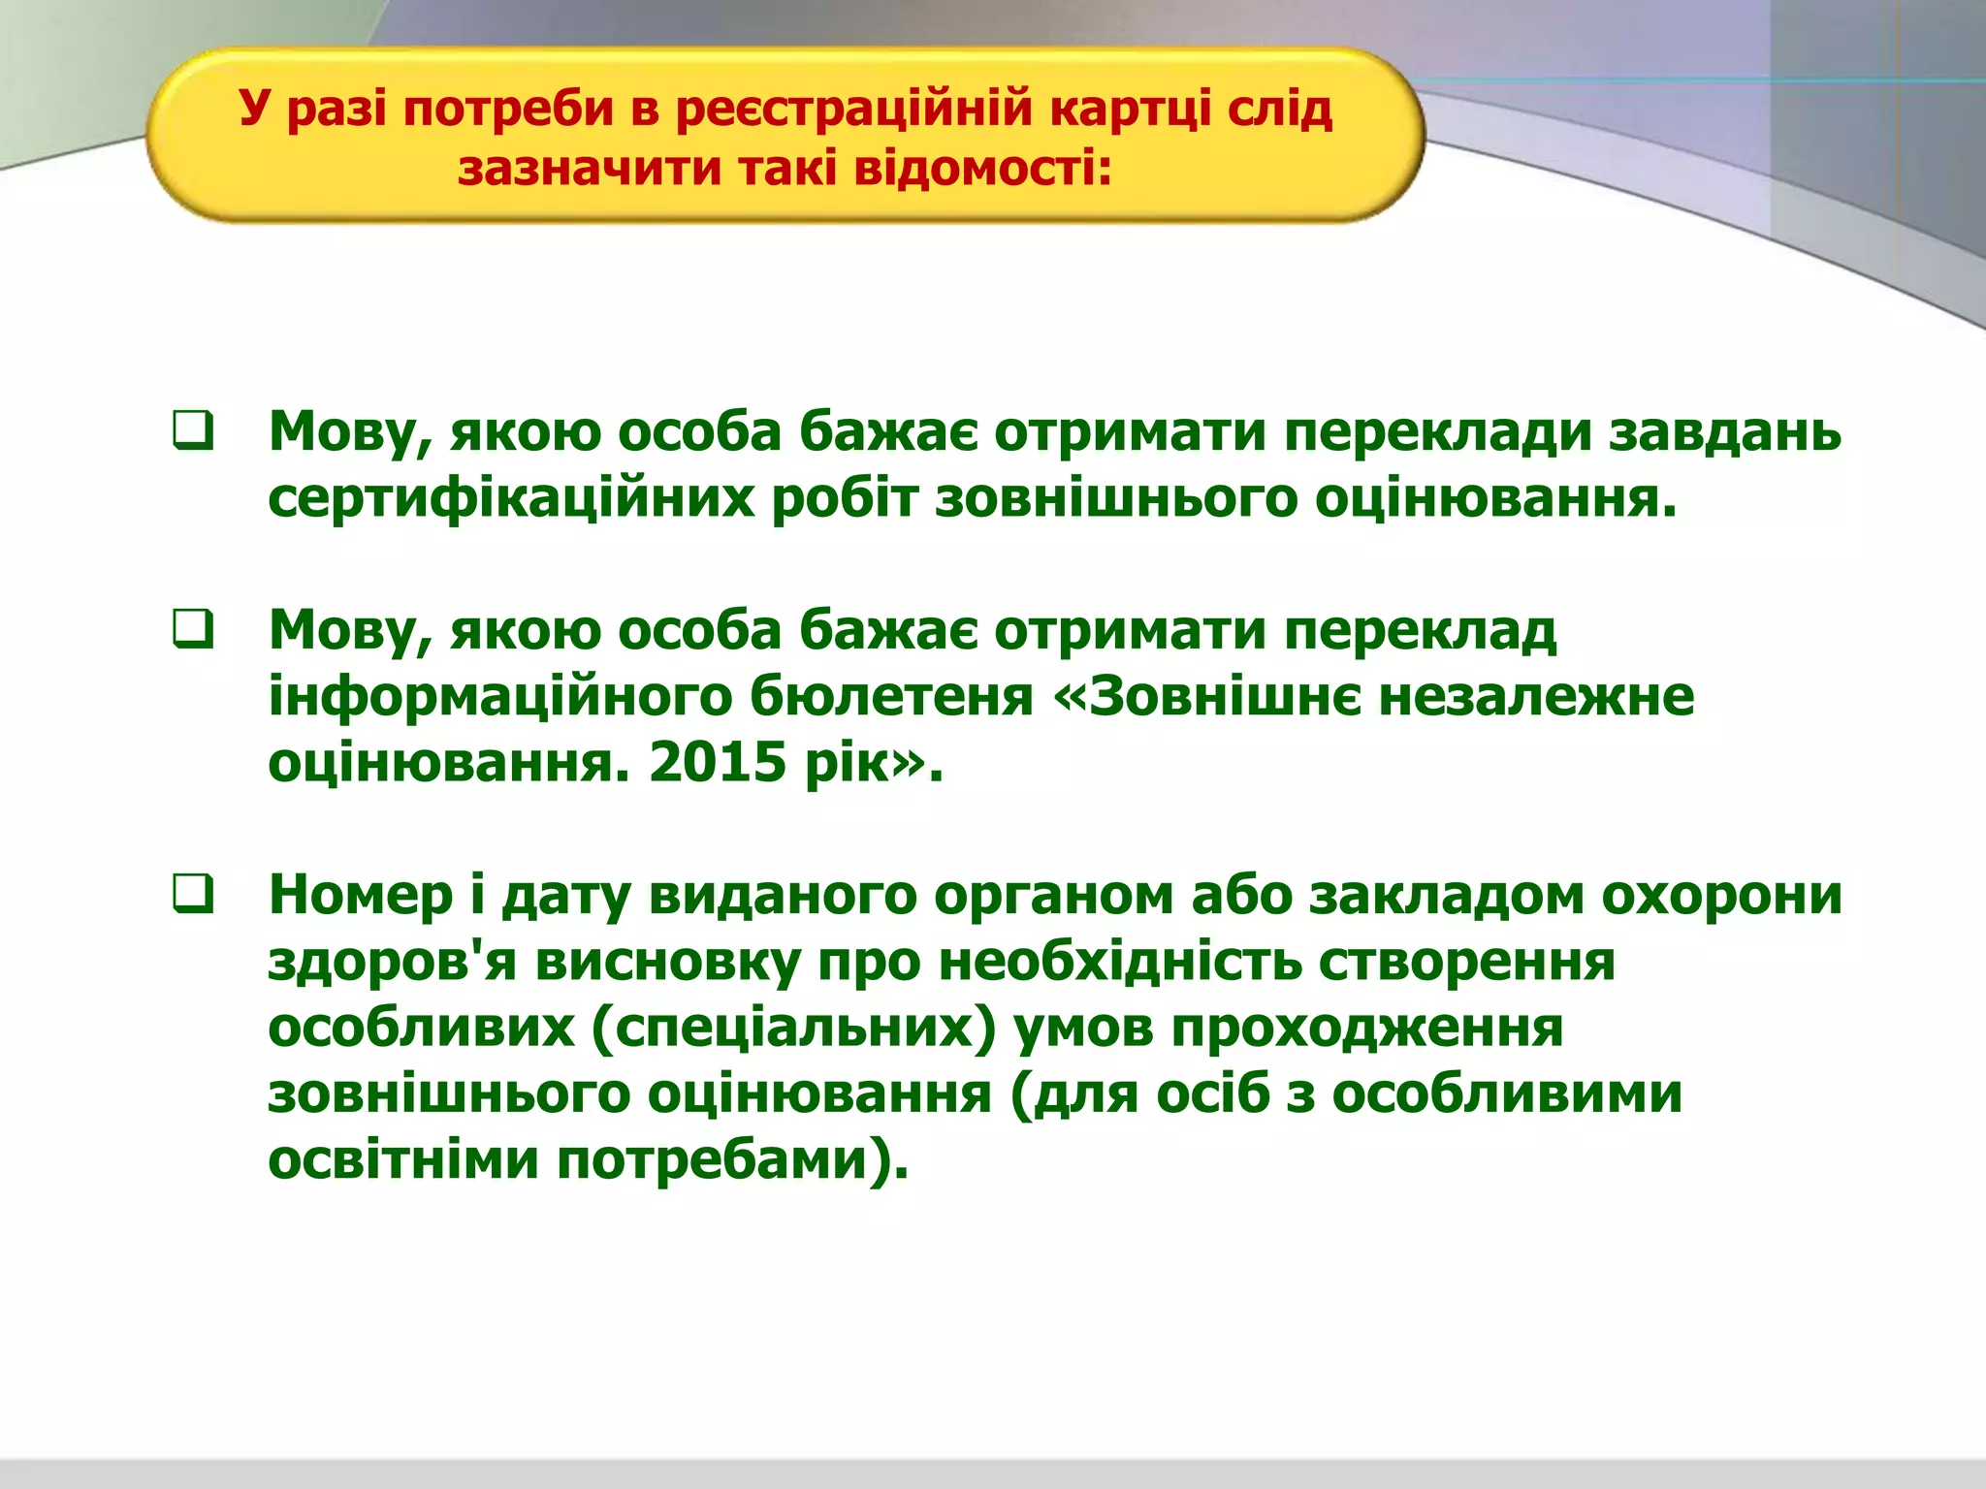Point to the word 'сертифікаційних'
click(x=511, y=499)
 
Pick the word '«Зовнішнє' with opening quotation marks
click(x=1207, y=697)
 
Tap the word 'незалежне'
click(x=1536, y=697)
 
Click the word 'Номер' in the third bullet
click(x=361, y=894)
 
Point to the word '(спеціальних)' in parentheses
click(x=793, y=1028)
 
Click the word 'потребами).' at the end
click(x=733, y=1159)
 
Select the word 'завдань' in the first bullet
click(x=1725, y=431)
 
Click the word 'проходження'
click(x=1367, y=1028)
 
